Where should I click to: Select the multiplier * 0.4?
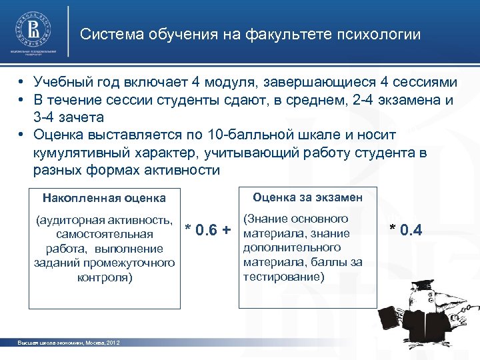pyautogui.click(x=406, y=231)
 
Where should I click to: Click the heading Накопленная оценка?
pyautogui.click(x=104, y=198)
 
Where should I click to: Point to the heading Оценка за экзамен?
pyautogui.click(x=307, y=197)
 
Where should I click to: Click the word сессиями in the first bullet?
pyautogui.click(x=425, y=83)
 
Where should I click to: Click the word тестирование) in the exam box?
pyautogui.click(x=283, y=275)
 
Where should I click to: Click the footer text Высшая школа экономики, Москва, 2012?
pyautogui.click(x=68, y=343)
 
